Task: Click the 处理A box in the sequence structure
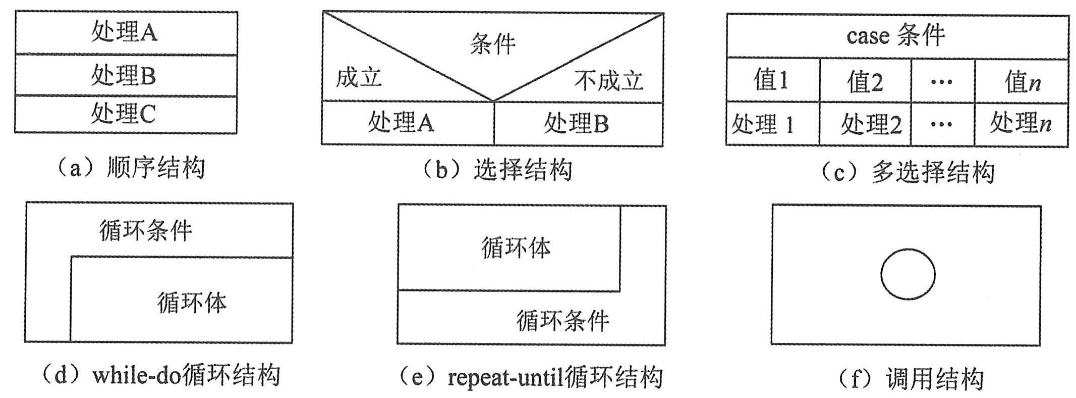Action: [x=125, y=33]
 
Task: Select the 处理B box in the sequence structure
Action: [x=125, y=76]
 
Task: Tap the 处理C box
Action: [x=125, y=114]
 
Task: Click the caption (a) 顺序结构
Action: [x=132, y=168]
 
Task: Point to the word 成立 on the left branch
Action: [x=359, y=78]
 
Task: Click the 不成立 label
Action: [x=608, y=81]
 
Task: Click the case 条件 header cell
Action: [x=896, y=36]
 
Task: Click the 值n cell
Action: [x=1022, y=82]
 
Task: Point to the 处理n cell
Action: [x=1021, y=123]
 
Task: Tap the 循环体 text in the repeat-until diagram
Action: [x=516, y=248]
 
